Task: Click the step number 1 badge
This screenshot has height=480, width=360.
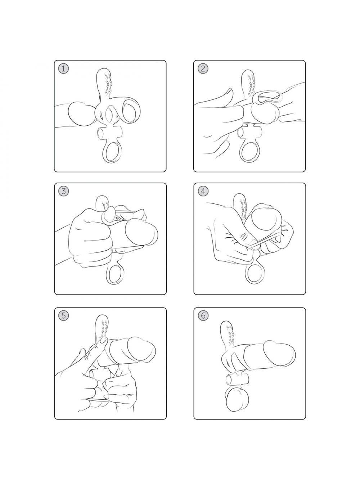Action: tap(63, 69)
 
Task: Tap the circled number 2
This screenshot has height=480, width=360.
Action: tap(203, 69)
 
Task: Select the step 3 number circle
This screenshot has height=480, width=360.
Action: tap(64, 191)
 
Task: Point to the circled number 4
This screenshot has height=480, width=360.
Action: tap(203, 191)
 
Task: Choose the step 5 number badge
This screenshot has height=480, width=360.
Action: tap(64, 316)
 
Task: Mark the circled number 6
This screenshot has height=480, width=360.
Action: tap(203, 316)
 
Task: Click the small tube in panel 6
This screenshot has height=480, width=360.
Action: tap(237, 380)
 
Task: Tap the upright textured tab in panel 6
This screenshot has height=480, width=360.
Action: tap(227, 335)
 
